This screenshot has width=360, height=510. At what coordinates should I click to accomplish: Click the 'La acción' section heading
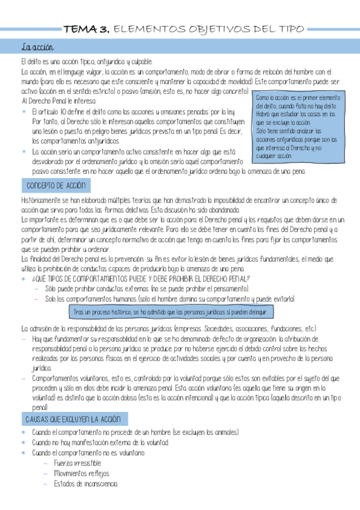(38, 47)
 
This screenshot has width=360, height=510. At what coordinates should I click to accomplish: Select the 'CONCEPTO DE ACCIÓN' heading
(53, 185)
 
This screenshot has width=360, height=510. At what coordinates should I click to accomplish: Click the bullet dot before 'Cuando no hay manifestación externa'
(23, 443)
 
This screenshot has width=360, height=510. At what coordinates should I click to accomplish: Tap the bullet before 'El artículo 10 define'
(23, 112)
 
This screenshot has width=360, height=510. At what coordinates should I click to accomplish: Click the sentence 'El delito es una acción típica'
(87, 61)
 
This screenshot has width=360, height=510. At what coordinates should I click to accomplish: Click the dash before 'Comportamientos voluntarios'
(23, 378)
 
